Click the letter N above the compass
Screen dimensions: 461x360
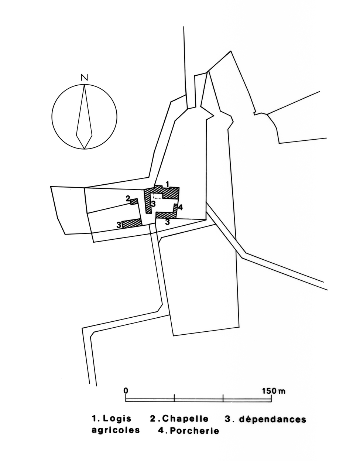pos(85,78)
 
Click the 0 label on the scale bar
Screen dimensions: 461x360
pos(126,390)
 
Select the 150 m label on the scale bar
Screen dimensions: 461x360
pos(274,390)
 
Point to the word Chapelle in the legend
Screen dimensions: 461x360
pos(185,419)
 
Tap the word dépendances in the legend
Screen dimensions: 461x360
pos(273,419)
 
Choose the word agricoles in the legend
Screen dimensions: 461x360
pos(116,430)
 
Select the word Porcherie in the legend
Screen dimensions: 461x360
pos(195,431)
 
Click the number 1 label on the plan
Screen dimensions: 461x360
pos(167,184)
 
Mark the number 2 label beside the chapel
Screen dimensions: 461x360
pos(128,199)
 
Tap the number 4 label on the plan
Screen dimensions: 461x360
pos(180,208)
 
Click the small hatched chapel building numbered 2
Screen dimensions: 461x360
pos(134,201)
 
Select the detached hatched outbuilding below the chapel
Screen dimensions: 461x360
pos(132,223)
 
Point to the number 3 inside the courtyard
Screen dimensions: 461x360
pos(153,204)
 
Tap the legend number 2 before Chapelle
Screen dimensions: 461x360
pos(153,419)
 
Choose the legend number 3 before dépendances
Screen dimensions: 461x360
pos(228,419)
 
